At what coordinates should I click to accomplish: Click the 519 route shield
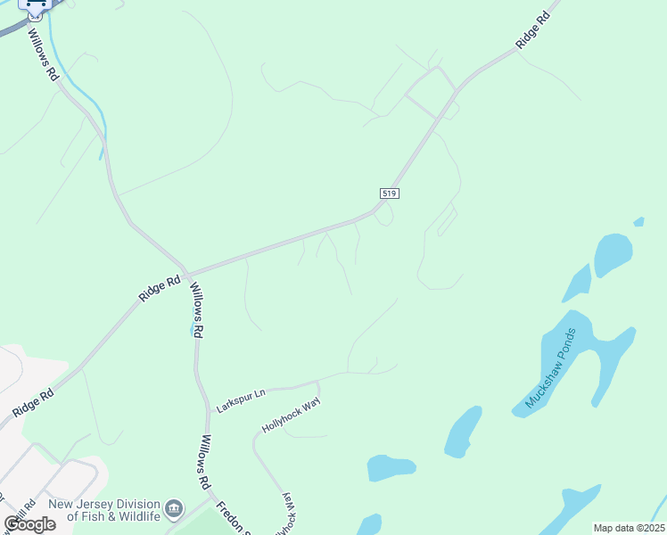coord(388,193)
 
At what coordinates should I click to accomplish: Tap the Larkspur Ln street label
coord(241,400)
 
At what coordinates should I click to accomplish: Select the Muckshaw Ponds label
coord(551,368)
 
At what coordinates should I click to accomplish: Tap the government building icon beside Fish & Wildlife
coord(175,509)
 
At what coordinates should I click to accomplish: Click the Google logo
coord(29,524)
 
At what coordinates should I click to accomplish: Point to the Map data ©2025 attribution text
coord(629,528)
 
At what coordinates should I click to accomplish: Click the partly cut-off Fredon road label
coord(231,515)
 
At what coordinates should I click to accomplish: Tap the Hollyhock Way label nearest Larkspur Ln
coord(290,416)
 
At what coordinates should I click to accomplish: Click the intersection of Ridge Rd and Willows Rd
coord(186,272)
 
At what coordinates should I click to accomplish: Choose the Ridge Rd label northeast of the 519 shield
coord(533,30)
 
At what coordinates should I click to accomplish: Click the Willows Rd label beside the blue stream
coord(43,55)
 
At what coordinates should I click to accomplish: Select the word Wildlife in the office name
coord(135,516)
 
